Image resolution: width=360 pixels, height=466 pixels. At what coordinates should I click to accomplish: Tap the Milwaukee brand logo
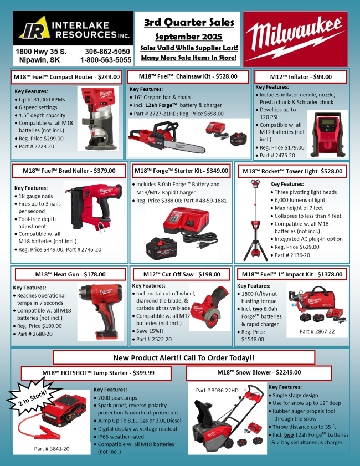click(x=295, y=39)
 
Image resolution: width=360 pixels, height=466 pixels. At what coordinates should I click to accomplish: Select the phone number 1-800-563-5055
click(x=106, y=60)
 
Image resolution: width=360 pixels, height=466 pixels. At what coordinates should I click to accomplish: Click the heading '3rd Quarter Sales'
click(x=189, y=22)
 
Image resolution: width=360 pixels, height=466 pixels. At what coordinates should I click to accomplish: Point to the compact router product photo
click(x=98, y=118)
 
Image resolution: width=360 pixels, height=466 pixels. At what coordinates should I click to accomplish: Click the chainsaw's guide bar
click(x=185, y=146)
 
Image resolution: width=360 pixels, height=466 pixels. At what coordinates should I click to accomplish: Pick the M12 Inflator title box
click(x=301, y=77)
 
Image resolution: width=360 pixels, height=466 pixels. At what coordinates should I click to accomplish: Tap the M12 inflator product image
click(x=328, y=134)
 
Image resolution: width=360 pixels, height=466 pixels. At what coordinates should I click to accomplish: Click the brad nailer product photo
click(x=94, y=207)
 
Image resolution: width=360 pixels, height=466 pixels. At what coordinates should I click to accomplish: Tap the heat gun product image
click(x=101, y=311)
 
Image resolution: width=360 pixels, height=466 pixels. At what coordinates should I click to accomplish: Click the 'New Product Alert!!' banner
click(x=183, y=357)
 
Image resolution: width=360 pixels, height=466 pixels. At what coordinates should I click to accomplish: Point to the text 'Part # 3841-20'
click(x=52, y=449)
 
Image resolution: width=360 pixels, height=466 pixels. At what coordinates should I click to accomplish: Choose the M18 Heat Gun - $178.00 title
click(x=70, y=274)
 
